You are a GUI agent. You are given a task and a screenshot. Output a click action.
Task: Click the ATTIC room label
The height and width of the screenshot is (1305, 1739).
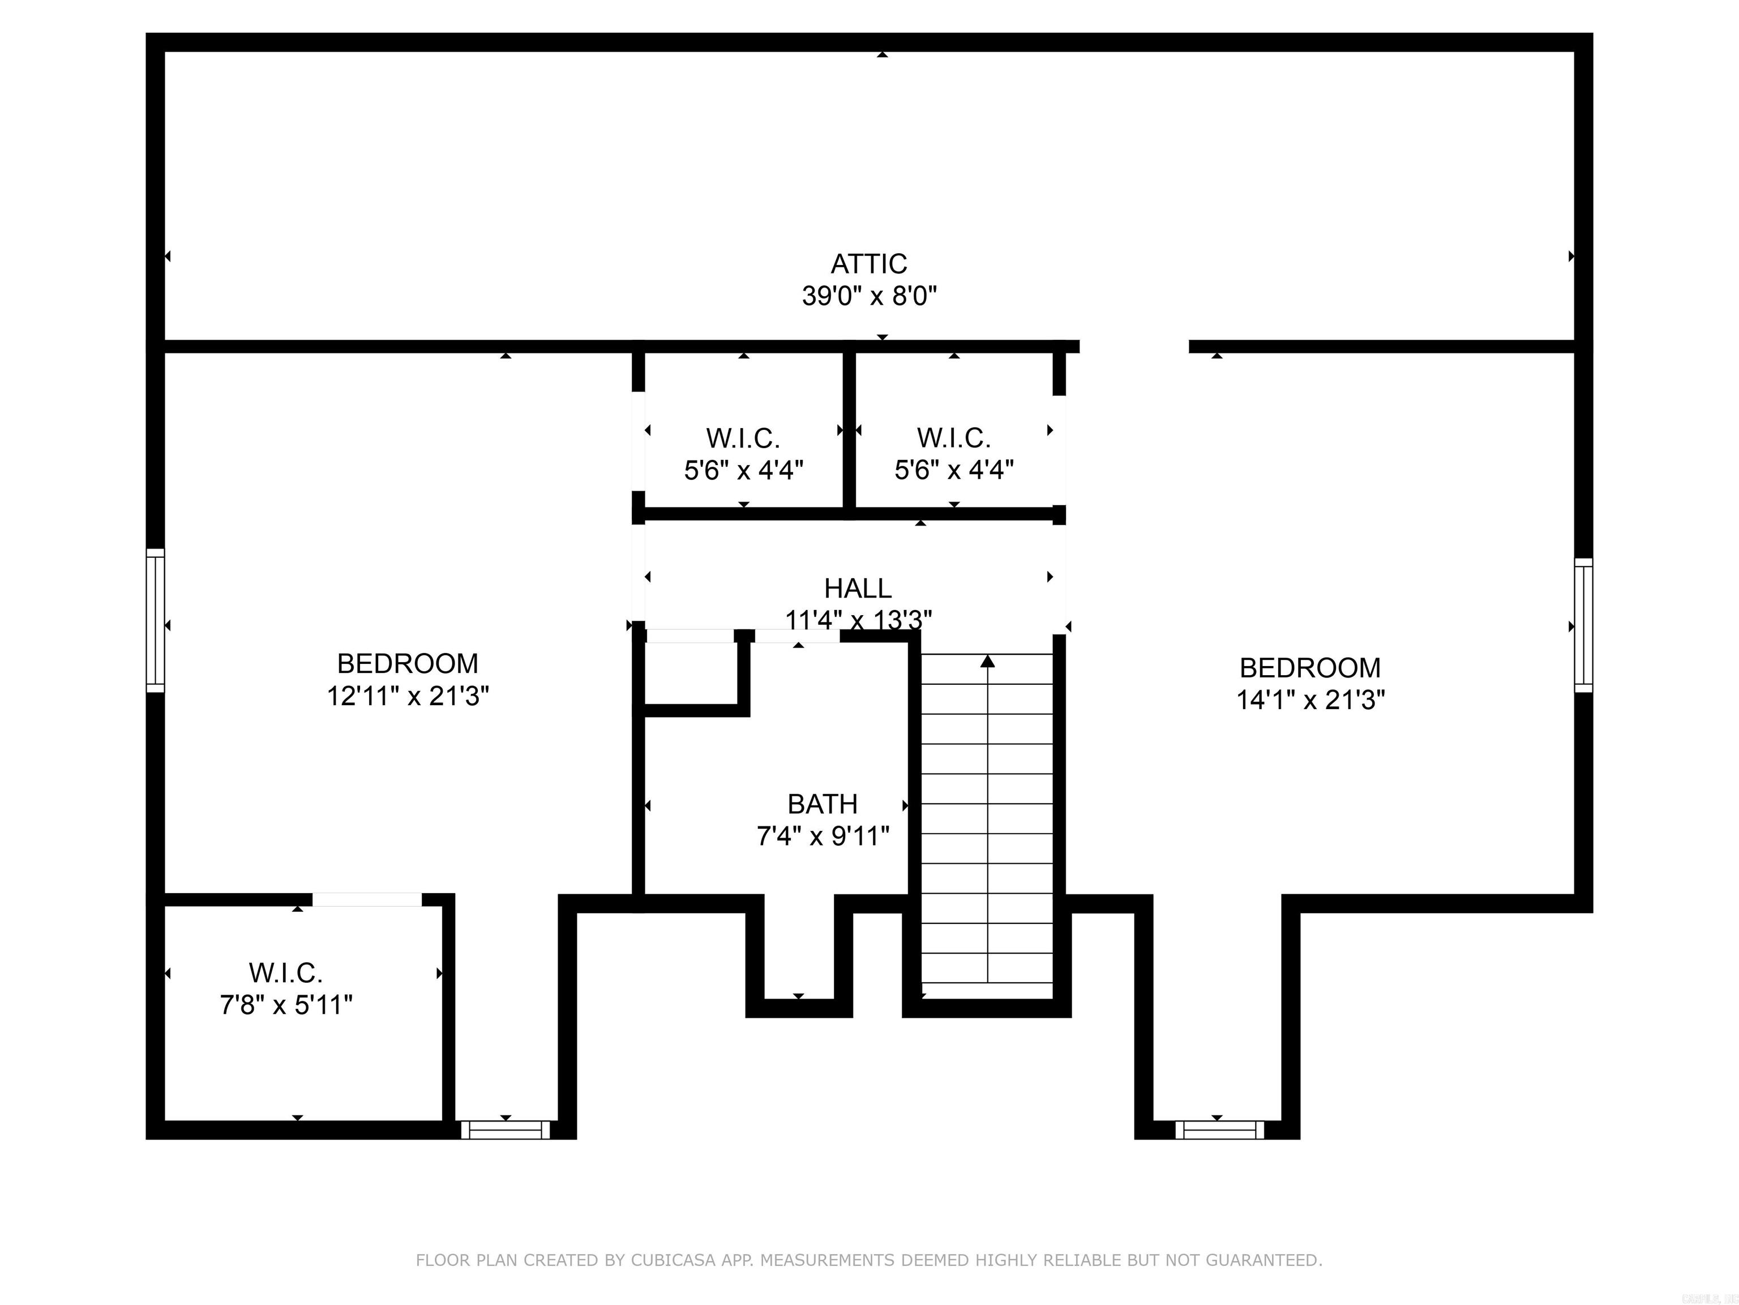869,263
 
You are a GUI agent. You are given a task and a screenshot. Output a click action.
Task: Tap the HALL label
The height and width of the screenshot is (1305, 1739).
858,588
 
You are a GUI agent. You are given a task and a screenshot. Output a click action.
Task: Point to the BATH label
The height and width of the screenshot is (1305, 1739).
823,804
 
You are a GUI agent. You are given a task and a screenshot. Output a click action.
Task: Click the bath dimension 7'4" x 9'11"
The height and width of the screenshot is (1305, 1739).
823,836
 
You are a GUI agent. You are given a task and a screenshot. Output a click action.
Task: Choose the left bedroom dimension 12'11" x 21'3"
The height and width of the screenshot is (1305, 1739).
408,696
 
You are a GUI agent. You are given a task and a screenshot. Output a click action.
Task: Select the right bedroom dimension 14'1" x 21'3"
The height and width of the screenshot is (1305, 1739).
1310,700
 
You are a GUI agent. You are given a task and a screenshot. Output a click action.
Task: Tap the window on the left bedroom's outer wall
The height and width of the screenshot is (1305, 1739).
156,620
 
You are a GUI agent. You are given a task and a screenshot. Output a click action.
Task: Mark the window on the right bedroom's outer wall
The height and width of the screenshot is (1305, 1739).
1583,626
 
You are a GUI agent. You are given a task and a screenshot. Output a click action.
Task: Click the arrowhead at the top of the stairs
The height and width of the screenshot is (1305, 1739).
987,662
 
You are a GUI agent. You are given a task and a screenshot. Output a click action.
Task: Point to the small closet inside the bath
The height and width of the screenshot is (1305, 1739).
690,673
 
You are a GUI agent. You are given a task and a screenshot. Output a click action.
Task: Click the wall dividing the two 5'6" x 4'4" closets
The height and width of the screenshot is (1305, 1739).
849,433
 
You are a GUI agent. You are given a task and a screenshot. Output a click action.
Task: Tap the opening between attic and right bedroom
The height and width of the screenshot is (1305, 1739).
1134,347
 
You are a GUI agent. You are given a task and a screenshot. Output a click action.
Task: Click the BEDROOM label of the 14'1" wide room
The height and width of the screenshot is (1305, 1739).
1310,668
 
